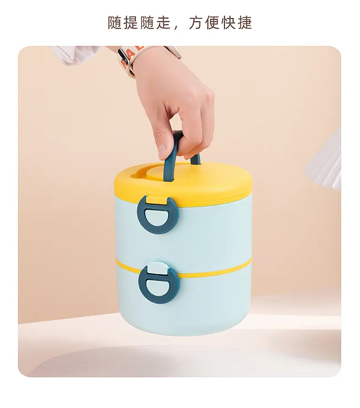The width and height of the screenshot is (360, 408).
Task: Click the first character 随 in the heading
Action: tap(115, 23)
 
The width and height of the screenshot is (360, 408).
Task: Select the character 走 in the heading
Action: tap(163, 23)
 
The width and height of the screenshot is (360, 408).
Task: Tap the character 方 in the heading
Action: tap(196, 23)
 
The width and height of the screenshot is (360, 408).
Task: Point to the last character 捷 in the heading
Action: tap(245, 23)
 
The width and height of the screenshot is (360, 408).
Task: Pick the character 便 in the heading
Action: tap(212, 23)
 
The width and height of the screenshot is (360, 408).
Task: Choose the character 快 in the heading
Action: tap(229, 23)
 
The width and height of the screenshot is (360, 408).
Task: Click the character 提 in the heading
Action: tap(131, 23)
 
